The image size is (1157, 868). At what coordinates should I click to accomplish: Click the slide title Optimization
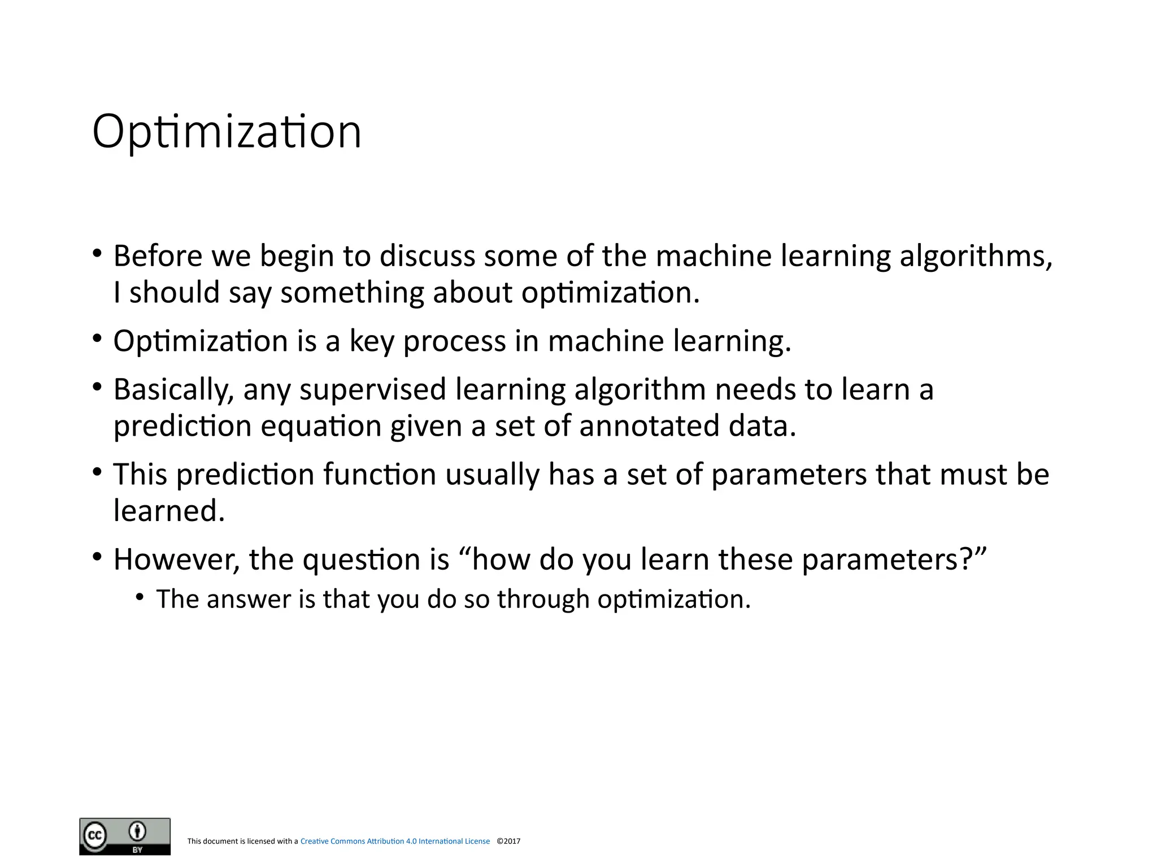pos(227,132)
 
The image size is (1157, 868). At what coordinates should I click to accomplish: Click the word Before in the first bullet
pos(158,255)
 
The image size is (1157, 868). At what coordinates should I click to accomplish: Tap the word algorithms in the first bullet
pos(975,255)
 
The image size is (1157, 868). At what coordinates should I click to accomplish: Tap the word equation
pos(321,426)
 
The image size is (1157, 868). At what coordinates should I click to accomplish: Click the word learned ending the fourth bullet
pos(169,510)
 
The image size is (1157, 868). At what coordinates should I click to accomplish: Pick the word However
pos(176,559)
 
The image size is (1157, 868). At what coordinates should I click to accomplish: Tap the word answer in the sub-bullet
pos(248,599)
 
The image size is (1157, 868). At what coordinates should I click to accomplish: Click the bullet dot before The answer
pos(140,598)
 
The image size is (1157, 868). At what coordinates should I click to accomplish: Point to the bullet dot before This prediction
pos(97,472)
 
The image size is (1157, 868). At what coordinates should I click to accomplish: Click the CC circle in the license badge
pos(95,835)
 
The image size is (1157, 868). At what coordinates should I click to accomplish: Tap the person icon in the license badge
pos(137,831)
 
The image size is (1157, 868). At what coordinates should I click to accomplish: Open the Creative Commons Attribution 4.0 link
pos(395,841)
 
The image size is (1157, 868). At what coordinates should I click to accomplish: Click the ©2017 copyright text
pos(508,841)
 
